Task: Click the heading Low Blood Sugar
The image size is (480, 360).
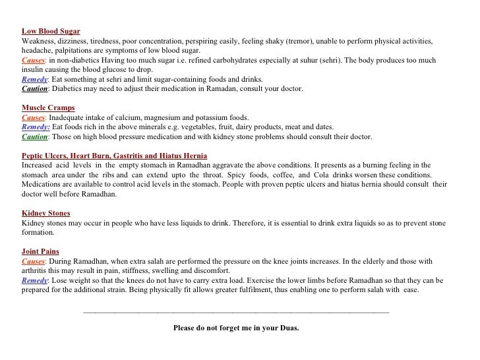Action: [51, 31]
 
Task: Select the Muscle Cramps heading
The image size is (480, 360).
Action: [48, 107]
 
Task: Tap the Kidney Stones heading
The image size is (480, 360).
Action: [45, 214]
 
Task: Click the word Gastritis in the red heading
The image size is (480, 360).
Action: [129, 156]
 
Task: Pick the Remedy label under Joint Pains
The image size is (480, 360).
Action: [34, 280]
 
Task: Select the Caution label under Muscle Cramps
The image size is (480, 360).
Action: [34, 137]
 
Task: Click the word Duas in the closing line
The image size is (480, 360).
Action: [287, 327]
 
